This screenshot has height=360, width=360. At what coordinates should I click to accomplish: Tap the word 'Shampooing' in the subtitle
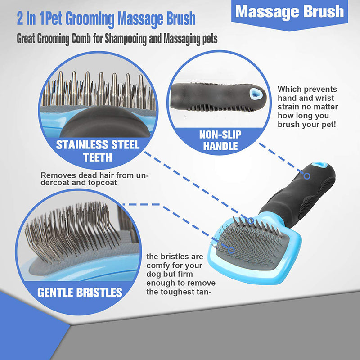[126, 39]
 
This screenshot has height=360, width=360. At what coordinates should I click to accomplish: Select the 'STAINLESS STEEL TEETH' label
[98, 151]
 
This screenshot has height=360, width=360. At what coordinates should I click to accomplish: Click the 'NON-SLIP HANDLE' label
[220, 140]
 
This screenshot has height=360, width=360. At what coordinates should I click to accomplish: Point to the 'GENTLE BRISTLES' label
[80, 292]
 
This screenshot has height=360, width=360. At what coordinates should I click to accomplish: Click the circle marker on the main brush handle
[307, 176]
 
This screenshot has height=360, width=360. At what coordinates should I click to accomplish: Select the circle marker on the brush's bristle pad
[231, 250]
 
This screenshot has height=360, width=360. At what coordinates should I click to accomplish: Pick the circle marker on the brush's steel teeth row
[251, 220]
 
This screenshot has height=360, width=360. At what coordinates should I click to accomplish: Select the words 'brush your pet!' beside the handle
[307, 125]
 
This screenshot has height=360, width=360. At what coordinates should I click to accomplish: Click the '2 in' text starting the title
[27, 19]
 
